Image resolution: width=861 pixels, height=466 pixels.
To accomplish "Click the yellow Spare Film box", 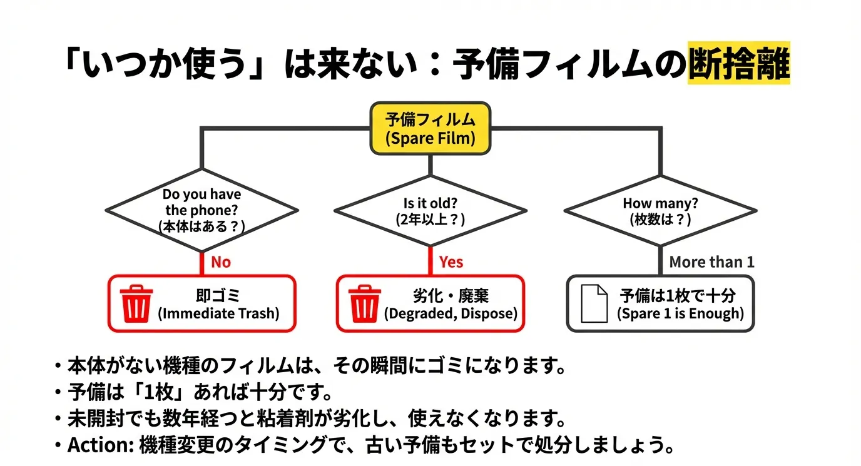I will click(430, 128).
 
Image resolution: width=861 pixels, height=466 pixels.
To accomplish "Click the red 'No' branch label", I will click(220, 262).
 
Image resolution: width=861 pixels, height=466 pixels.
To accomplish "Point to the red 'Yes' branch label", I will click(451, 262).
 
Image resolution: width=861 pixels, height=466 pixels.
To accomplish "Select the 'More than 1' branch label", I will click(711, 262).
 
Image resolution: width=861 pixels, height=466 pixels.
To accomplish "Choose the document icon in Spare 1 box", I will click(594, 303).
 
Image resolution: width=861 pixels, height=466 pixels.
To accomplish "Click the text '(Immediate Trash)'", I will click(218, 313).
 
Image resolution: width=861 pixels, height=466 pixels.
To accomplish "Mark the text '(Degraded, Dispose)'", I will click(451, 313).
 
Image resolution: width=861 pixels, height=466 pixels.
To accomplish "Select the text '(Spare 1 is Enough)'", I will click(681, 313).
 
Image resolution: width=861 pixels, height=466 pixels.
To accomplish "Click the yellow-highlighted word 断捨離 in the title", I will click(738, 63).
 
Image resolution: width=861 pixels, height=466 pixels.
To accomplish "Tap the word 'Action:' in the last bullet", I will click(95, 445).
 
